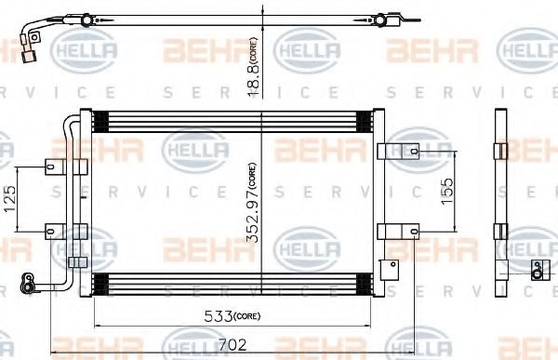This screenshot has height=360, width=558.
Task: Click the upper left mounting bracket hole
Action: (50, 167)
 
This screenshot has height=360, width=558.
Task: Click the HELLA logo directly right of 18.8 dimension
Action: (302, 47)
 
